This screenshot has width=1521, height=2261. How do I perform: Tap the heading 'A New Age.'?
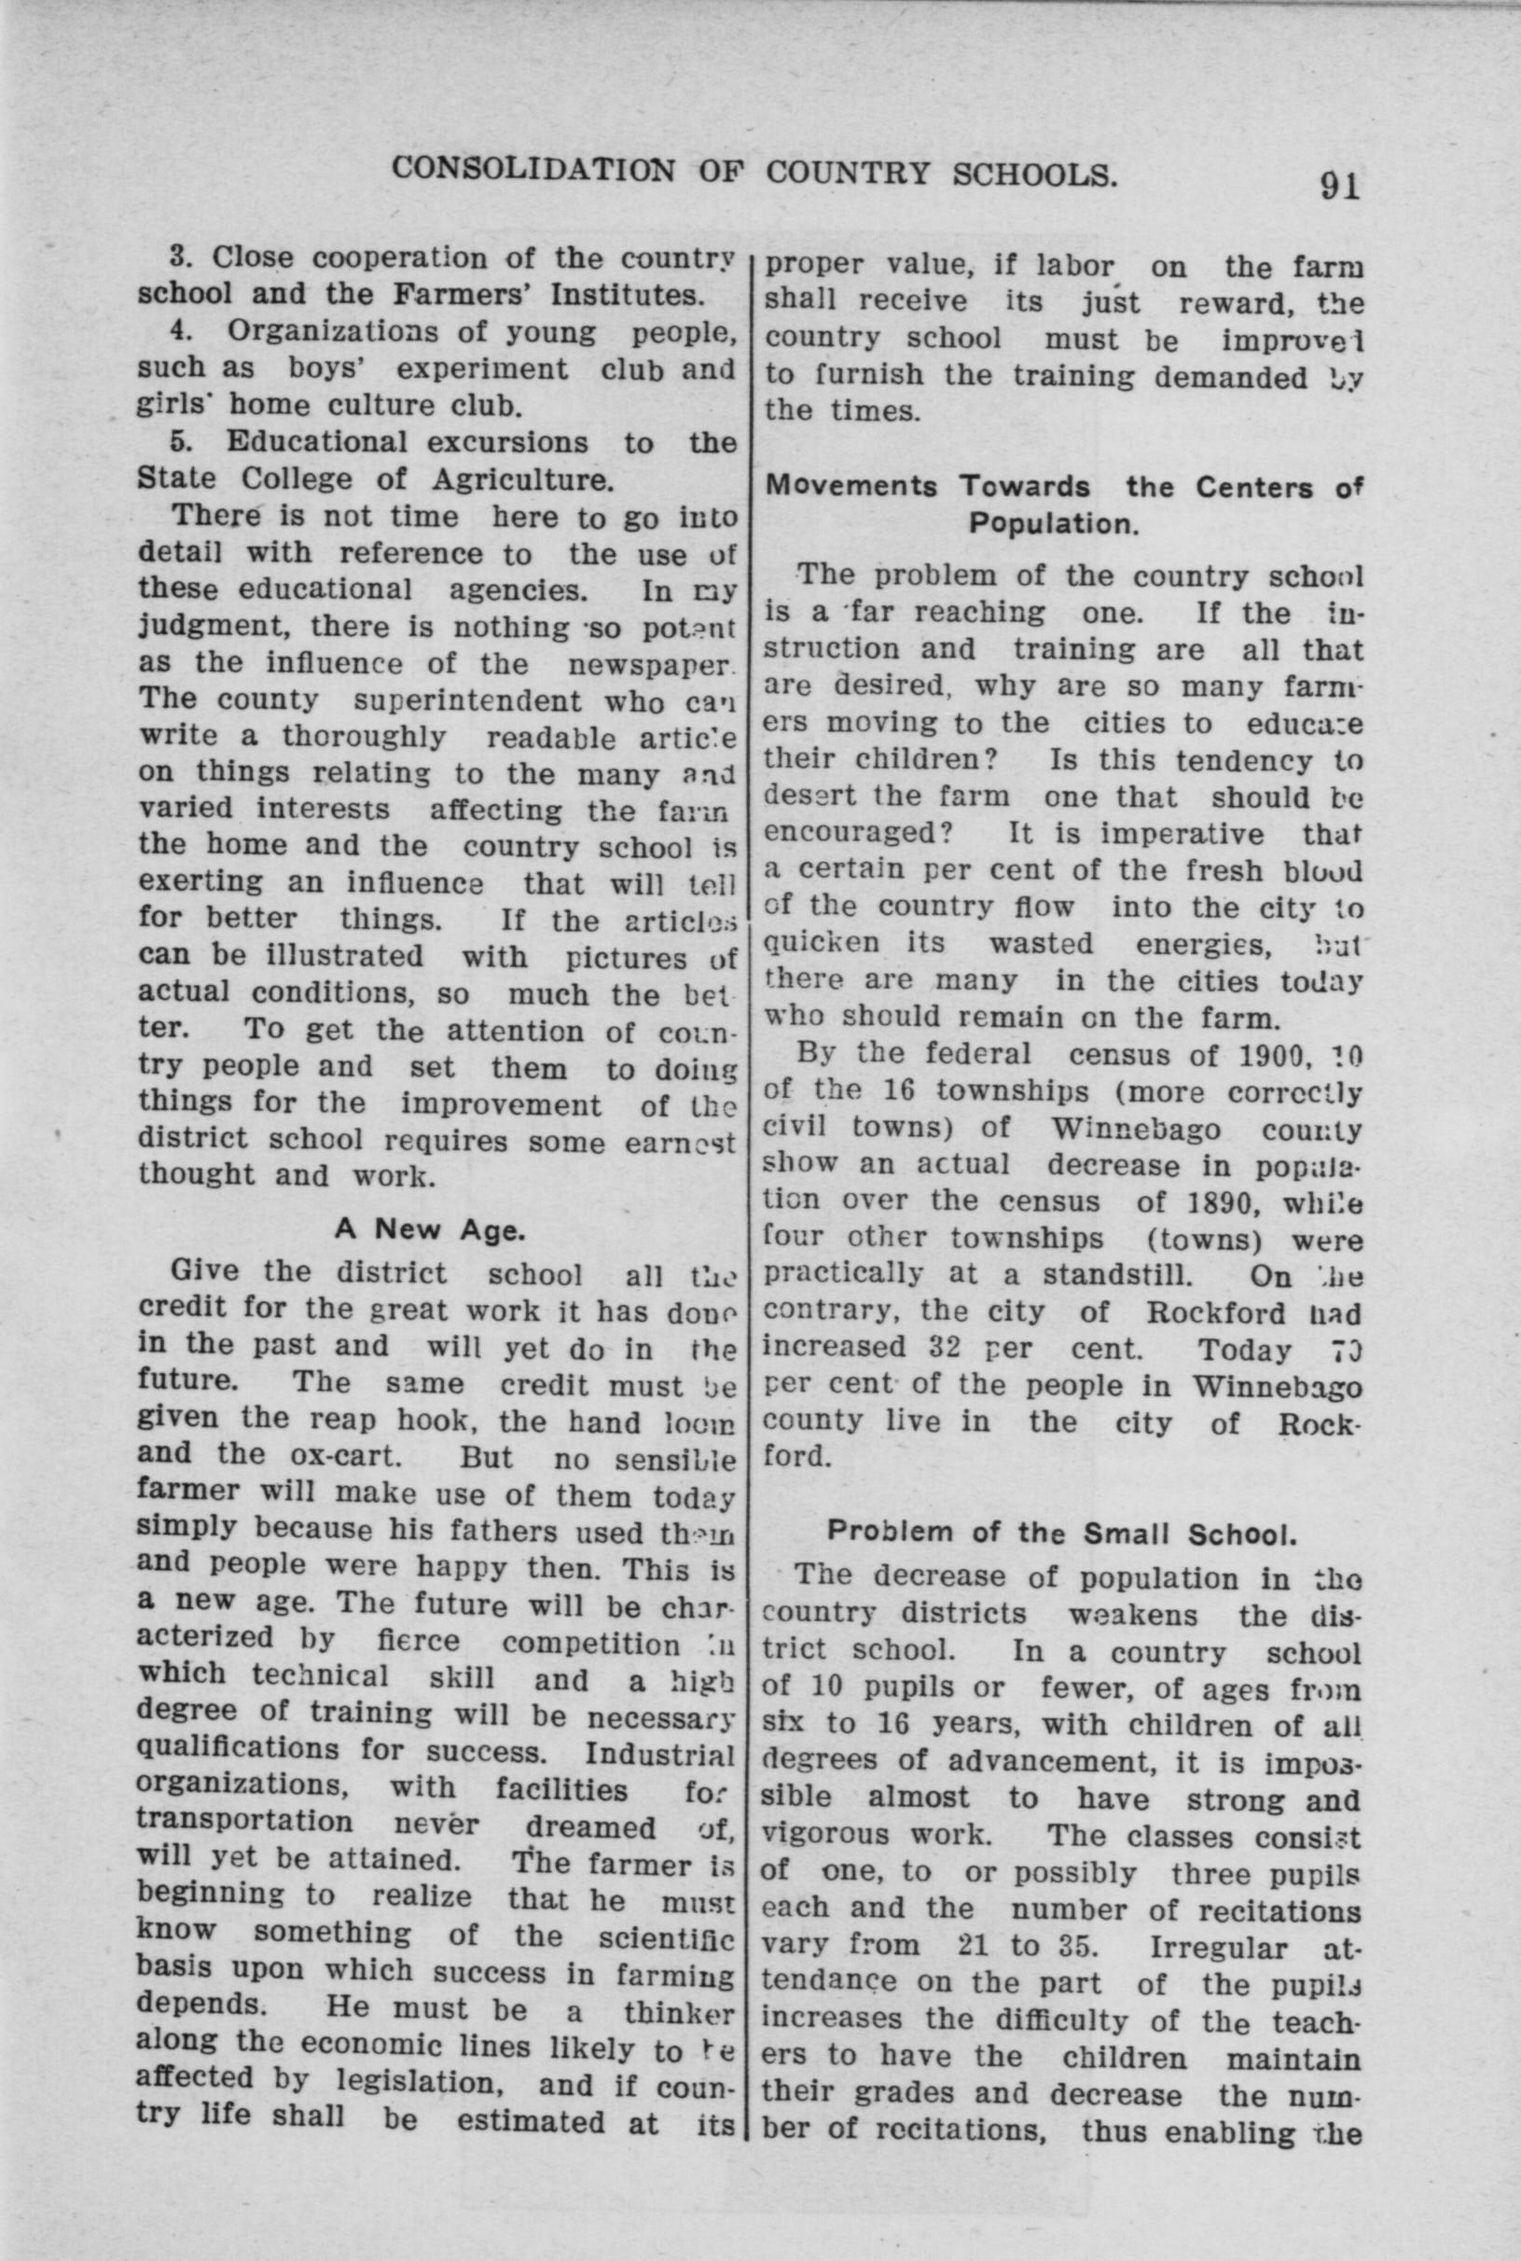click(430, 1230)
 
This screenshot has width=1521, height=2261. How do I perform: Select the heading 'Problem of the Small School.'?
click(1062, 1533)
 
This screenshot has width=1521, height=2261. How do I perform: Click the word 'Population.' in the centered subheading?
click(1053, 524)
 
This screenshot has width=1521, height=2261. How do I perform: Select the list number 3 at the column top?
click(177, 258)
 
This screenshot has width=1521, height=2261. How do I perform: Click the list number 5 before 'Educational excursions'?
click(177, 442)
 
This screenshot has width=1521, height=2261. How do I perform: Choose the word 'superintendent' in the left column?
click(467, 700)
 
